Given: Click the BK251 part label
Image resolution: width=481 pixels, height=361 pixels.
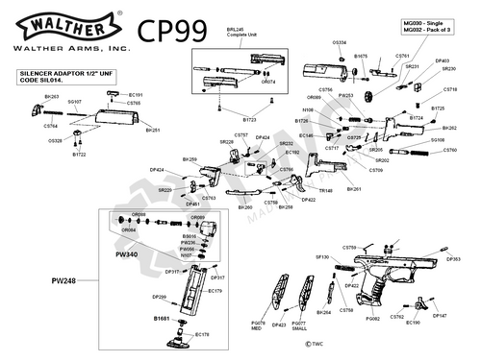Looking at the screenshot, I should [152, 130].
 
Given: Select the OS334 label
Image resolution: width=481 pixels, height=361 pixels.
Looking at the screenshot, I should [340, 43].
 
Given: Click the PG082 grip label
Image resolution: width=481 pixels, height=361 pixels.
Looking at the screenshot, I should [373, 317].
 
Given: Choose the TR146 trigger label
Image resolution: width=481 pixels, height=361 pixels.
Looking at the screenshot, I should [326, 190].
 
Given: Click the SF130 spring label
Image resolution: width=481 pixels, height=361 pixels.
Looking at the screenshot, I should [323, 257].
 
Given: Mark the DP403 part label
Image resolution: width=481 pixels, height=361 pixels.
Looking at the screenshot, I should [443, 60].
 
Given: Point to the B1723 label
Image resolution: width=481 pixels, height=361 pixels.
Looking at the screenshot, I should [249, 120].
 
